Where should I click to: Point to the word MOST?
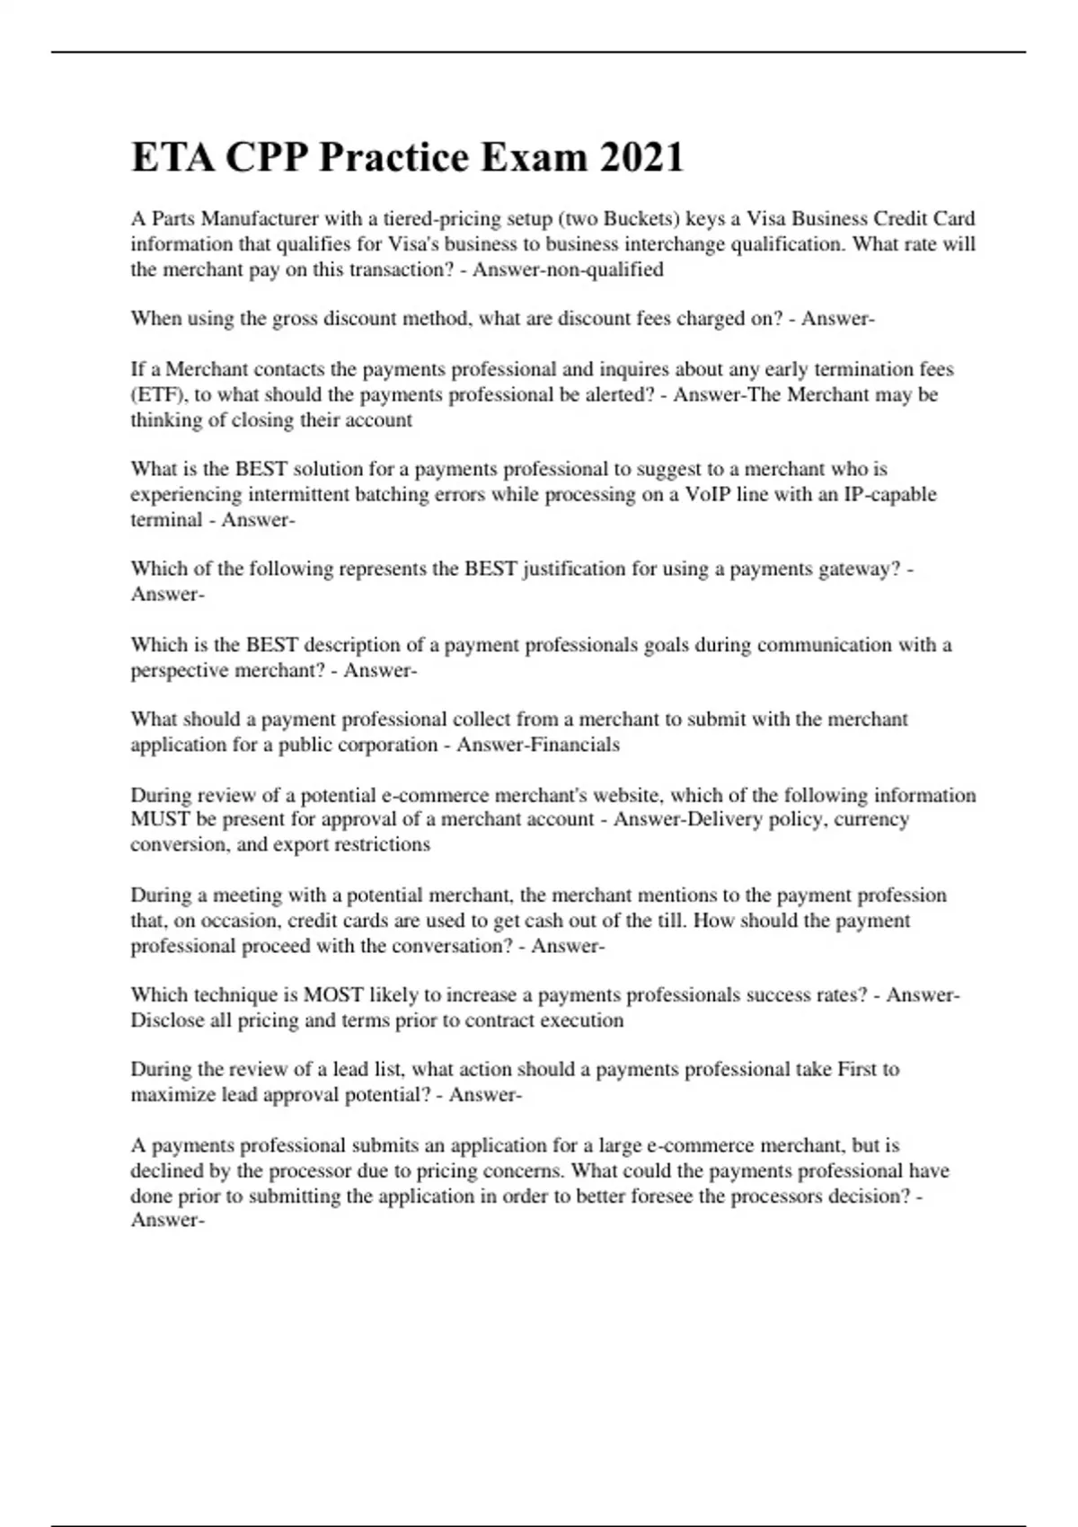(x=333, y=995)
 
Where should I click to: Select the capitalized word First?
(x=856, y=1070)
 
